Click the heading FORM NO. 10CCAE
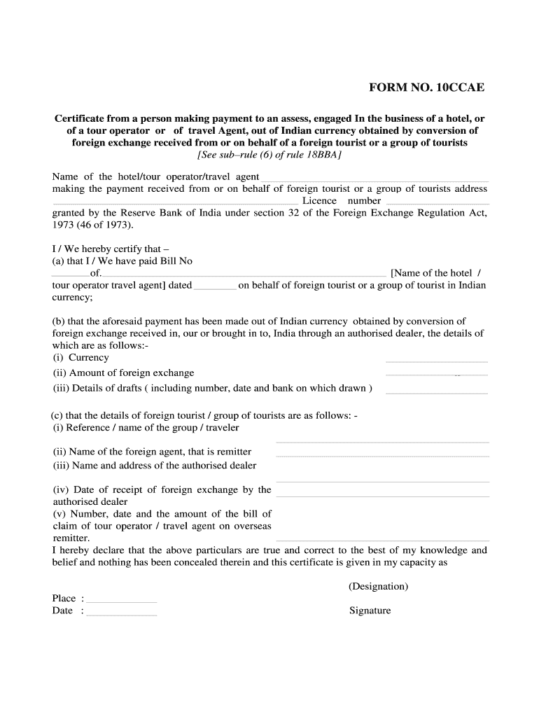point(426,88)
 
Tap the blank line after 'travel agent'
point(374,180)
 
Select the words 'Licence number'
point(342,201)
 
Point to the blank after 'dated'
point(215,287)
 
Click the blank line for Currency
point(436,361)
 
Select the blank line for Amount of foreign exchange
point(436,375)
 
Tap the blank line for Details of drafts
point(436,392)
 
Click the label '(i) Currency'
point(81,357)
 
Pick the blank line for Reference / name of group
point(382,442)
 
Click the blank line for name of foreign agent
point(382,456)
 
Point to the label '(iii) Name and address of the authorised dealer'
point(155,465)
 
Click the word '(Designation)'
point(378,586)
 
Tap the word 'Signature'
point(370,611)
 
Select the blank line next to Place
point(121,601)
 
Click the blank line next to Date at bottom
point(121,614)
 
